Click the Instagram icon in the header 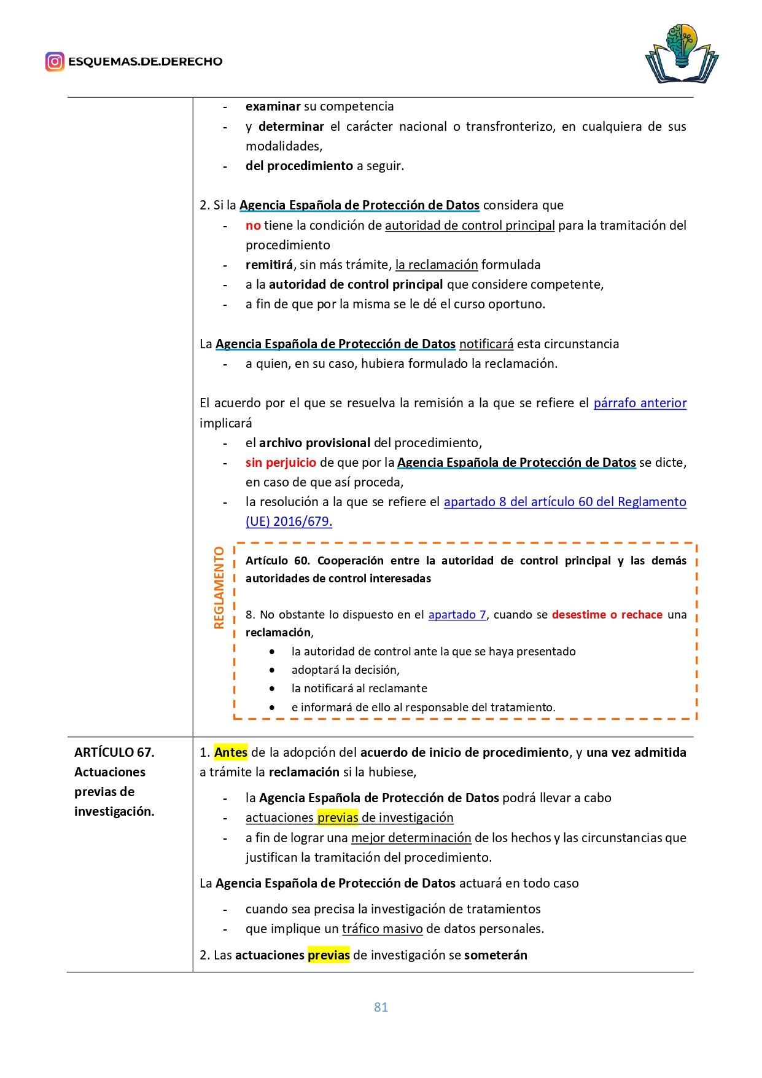click(55, 61)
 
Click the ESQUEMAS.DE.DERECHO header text click(145, 61)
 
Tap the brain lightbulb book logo click(682, 53)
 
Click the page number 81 click(381, 1007)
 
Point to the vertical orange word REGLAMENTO click(219, 588)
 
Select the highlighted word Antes click(231, 752)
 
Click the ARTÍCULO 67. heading click(114, 752)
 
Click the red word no click(253, 225)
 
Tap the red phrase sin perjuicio click(281, 463)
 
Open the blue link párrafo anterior click(640, 403)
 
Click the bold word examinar click(273, 106)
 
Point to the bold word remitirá click(269, 265)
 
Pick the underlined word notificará click(486, 344)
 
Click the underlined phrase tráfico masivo click(382, 929)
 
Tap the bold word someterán click(496, 955)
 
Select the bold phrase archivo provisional click(314, 443)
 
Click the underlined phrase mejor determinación click(411, 838)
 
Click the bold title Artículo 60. click(278, 561)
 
